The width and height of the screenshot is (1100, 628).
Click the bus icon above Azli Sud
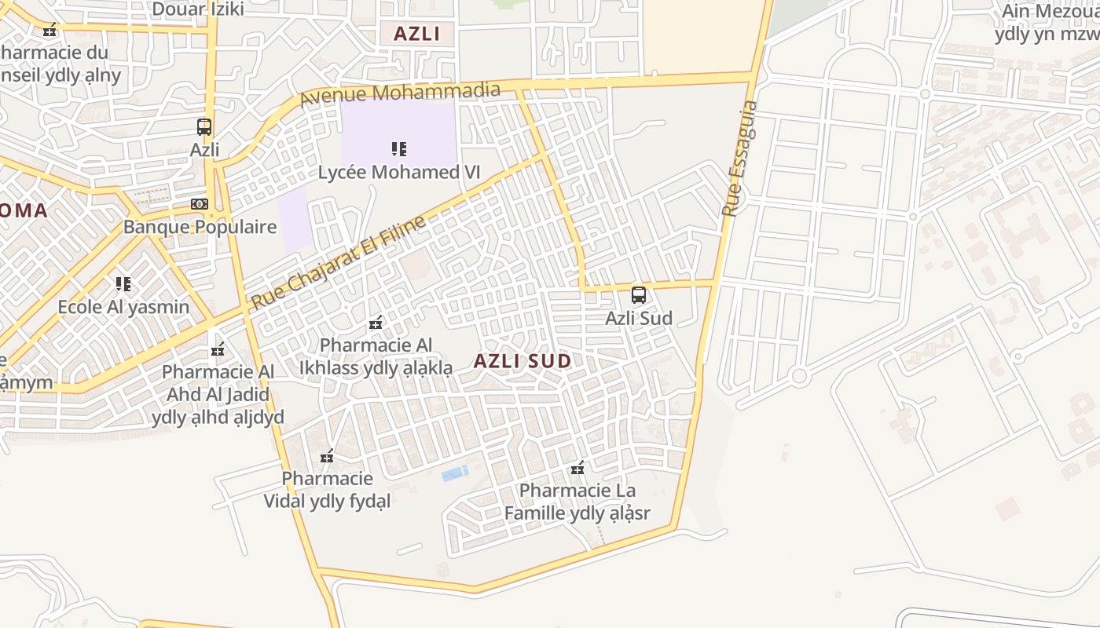point(639,295)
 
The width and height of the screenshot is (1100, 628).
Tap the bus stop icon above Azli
point(204,126)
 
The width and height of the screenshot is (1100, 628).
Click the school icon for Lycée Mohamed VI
point(398,148)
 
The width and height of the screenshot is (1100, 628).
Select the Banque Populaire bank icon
point(200,204)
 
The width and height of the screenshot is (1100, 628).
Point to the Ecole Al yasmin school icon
point(123,283)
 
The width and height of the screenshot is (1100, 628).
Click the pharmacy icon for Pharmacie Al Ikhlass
point(376,323)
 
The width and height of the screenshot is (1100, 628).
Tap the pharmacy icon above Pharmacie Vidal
point(328,456)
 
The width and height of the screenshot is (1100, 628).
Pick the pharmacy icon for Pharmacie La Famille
point(577,469)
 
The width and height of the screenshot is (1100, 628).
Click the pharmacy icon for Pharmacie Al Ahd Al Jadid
point(218,349)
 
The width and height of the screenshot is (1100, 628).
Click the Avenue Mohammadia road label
point(400,93)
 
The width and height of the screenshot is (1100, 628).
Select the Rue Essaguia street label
point(740,159)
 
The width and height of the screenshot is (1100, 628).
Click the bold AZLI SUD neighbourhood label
point(522,361)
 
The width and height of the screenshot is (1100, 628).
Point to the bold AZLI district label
point(416,34)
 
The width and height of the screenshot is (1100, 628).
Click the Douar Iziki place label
point(197,9)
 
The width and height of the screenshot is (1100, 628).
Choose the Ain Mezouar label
point(1050,12)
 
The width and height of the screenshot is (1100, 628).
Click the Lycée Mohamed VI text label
point(398,172)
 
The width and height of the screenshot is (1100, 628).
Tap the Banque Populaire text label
point(200,227)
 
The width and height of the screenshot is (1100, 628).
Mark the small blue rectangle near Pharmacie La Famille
point(455,473)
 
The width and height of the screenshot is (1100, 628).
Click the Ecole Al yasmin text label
point(123,306)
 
